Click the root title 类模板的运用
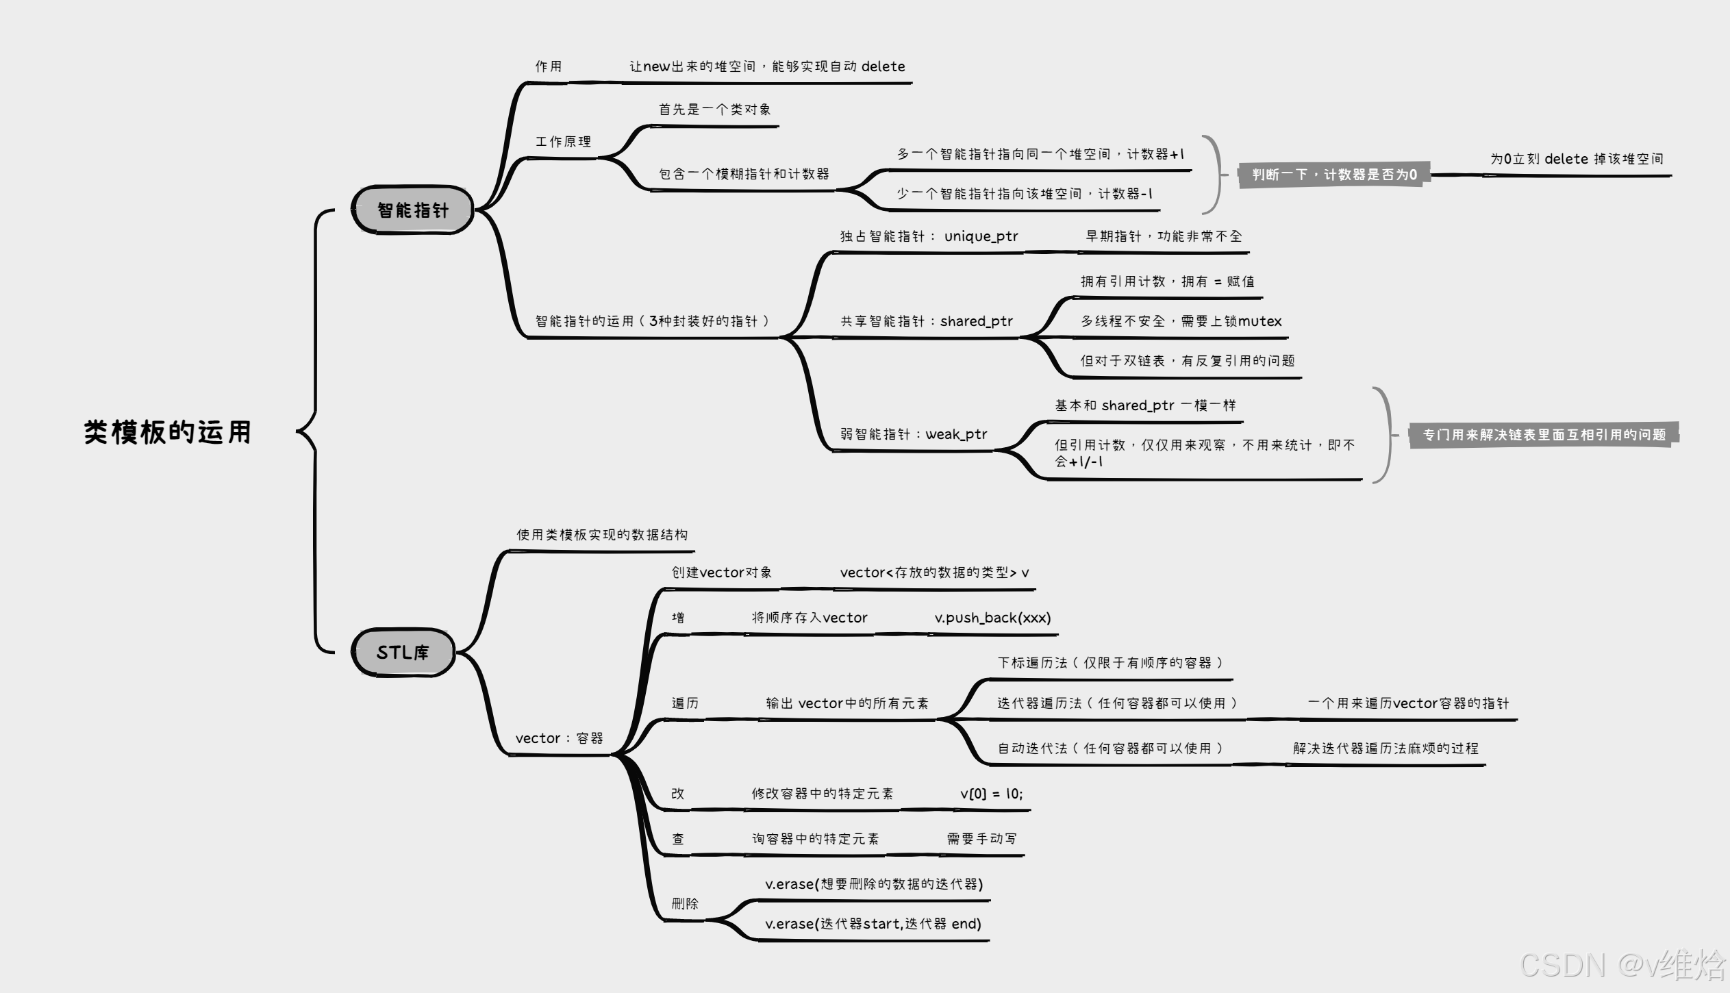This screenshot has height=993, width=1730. point(168,432)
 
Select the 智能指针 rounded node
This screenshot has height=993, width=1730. point(412,210)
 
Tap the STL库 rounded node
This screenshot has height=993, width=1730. point(403,652)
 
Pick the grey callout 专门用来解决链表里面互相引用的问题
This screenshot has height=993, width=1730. point(1544,435)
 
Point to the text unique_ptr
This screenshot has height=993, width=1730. point(981,236)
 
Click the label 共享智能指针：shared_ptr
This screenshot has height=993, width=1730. point(926,321)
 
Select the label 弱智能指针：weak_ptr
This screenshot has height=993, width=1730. point(914,434)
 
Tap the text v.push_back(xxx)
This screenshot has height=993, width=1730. point(992,618)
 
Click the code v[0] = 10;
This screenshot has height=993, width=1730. point(991,794)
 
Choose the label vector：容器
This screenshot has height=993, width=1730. point(559,738)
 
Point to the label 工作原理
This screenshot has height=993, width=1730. point(563,142)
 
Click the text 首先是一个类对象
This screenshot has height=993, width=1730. point(714,110)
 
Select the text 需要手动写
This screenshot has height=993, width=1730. point(981,839)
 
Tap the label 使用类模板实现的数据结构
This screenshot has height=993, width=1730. point(602,535)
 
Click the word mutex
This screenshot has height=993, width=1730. point(1259,321)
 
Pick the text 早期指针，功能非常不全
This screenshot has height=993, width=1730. point(1163,236)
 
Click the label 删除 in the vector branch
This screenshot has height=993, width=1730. point(685,904)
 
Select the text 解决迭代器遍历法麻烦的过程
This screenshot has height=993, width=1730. point(1385,749)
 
